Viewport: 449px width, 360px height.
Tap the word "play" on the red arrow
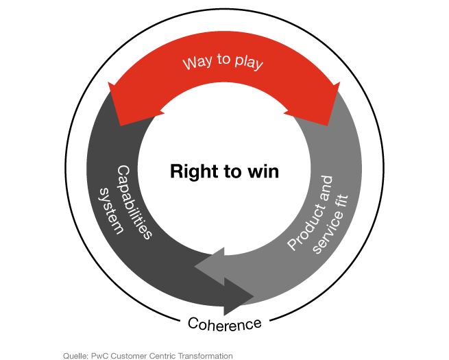coord(249,62)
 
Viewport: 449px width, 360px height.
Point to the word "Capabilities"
coord(134,202)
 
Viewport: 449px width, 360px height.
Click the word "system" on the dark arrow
coord(112,211)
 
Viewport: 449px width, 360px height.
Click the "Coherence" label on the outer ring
coord(225,324)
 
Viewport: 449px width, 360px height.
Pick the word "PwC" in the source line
coord(99,356)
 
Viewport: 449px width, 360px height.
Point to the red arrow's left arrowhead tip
coord(108,82)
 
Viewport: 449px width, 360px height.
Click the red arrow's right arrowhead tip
coord(340,82)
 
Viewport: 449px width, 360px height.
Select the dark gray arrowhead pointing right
coord(239,296)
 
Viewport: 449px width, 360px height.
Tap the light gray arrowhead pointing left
coord(210,266)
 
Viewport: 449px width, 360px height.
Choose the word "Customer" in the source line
coord(129,356)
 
